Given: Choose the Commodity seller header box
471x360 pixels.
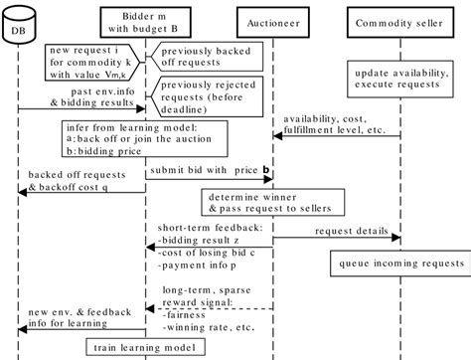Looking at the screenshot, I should [x=400, y=19].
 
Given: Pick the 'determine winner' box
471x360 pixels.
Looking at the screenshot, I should [x=268, y=204].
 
